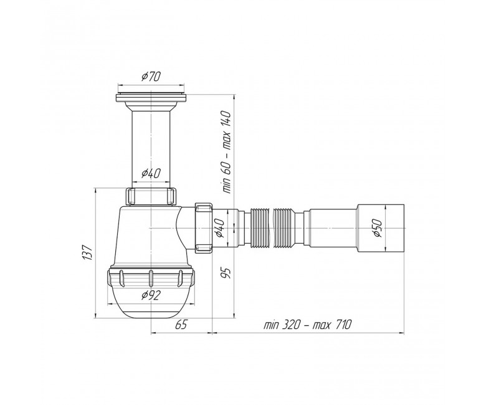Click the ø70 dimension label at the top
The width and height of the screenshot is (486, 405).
click(x=151, y=76)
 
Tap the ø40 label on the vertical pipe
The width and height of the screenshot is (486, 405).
click(x=151, y=174)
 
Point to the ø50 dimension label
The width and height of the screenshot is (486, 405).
click(x=378, y=228)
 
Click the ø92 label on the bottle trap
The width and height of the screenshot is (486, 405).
click(x=151, y=295)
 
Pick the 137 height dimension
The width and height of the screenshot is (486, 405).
click(x=88, y=252)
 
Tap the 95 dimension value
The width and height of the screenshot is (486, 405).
click(x=227, y=273)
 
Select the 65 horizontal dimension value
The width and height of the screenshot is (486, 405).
click(x=181, y=325)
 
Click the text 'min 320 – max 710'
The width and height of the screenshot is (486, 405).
click(x=307, y=325)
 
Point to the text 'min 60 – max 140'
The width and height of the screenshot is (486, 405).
click(x=227, y=152)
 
